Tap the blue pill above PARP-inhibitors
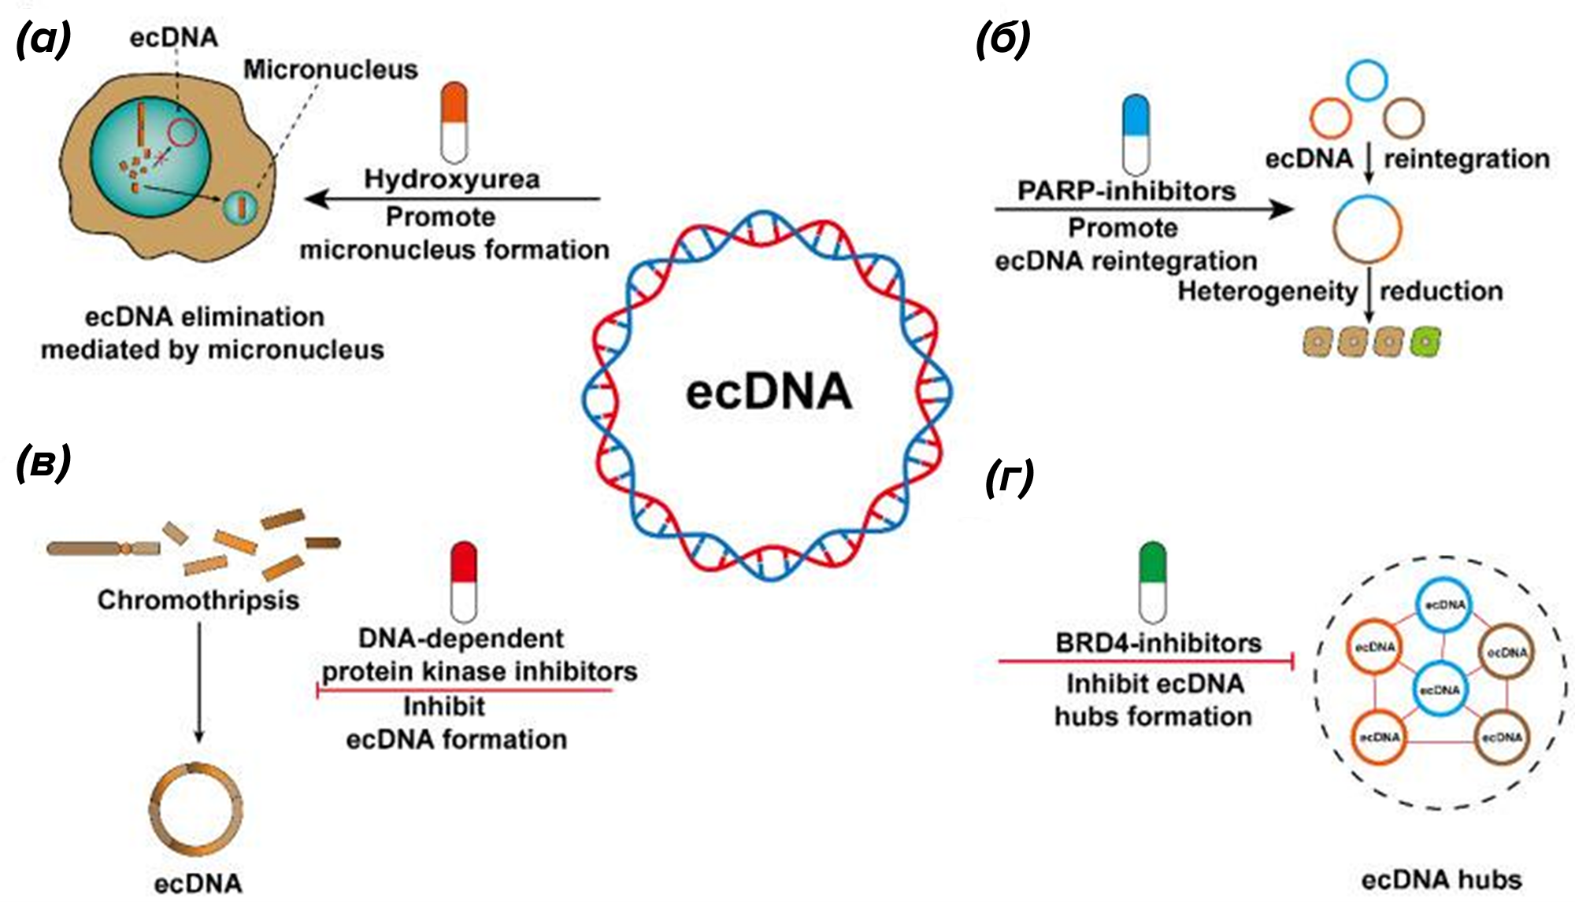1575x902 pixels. (1136, 135)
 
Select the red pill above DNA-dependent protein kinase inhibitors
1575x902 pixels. (464, 582)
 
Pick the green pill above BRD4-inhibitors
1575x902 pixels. (1153, 582)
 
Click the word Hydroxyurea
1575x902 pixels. (452, 179)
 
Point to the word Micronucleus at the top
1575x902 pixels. (331, 69)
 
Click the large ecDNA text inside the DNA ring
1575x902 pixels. (769, 392)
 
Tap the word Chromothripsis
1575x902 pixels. (198, 601)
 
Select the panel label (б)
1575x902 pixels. (1002, 39)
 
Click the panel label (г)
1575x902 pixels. (1009, 478)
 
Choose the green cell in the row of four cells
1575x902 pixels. (1425, 342)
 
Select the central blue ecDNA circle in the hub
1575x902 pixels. (1440, 689)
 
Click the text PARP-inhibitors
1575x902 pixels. (1126, 191)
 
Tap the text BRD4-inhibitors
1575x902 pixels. (1158, 643)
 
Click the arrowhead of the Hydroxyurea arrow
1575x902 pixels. (316, 198)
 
